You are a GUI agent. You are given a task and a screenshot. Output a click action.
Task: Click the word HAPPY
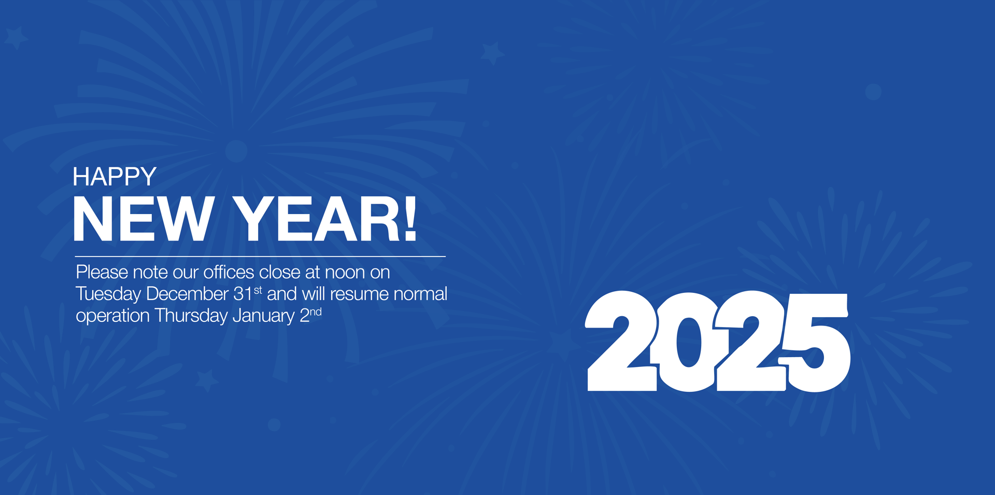115,177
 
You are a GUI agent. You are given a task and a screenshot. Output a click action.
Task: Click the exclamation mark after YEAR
410,219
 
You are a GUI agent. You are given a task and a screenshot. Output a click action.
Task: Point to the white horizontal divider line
260,256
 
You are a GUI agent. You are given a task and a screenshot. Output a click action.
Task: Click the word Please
102,272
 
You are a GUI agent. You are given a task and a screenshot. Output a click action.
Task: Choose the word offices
229,272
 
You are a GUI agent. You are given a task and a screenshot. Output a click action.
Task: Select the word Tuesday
108,294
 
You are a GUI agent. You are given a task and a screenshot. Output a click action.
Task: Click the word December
188,294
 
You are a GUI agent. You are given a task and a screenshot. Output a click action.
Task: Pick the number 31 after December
243,294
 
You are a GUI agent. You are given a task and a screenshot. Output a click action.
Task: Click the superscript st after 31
258,290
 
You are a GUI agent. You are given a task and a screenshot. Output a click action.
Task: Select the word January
263,316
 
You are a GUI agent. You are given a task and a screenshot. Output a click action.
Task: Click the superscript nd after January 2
316,312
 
